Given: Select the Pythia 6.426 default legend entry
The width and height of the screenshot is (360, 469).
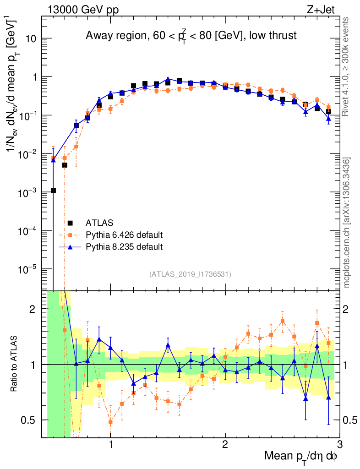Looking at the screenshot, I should click(x=124, y=235).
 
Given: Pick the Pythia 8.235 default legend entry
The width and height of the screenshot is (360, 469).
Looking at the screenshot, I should click(x=124, y=247).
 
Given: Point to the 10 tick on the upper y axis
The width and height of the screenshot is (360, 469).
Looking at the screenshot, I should click(x=31, y=38).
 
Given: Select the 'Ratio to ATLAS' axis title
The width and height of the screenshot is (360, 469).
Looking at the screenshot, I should click(x=15, y=364).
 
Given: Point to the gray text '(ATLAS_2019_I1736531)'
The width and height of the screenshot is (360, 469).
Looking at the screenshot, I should click(x=190, y=274).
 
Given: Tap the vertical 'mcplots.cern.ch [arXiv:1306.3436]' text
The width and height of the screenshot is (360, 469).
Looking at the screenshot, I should click(x=348, y=223).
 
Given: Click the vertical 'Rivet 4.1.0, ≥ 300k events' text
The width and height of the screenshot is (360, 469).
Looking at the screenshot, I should click(x=347, y=66).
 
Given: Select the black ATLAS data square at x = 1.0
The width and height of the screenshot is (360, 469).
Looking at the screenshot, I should click(x=110, y=97).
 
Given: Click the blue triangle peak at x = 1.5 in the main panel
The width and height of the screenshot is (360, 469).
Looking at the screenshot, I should click(x=168, y=79).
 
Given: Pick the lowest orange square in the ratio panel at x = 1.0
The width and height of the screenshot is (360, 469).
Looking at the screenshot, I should click(x=110, y=422).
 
